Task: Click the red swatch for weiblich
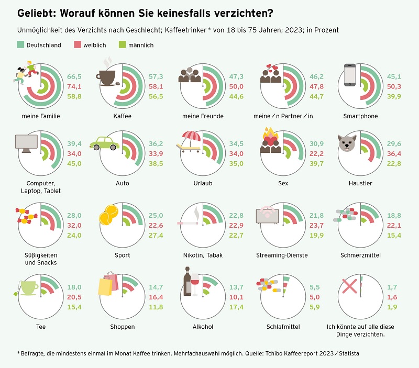pyautogui.click(x=76, y=44)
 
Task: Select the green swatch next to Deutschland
pyautogui.click(x=21, y=44)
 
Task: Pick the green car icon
pyautogui.click(x=104, y=143)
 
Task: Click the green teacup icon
pyautogui.click(x=27, y=287)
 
